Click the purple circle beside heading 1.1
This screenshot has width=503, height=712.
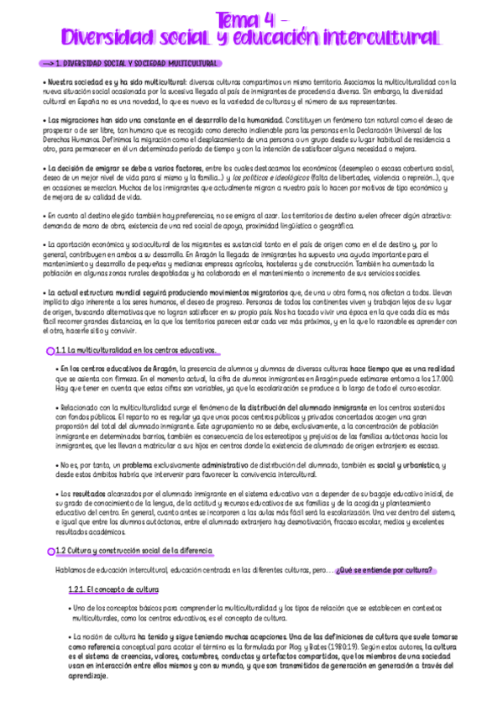point(51,350)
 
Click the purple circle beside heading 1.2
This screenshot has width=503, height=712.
point(50,550)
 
